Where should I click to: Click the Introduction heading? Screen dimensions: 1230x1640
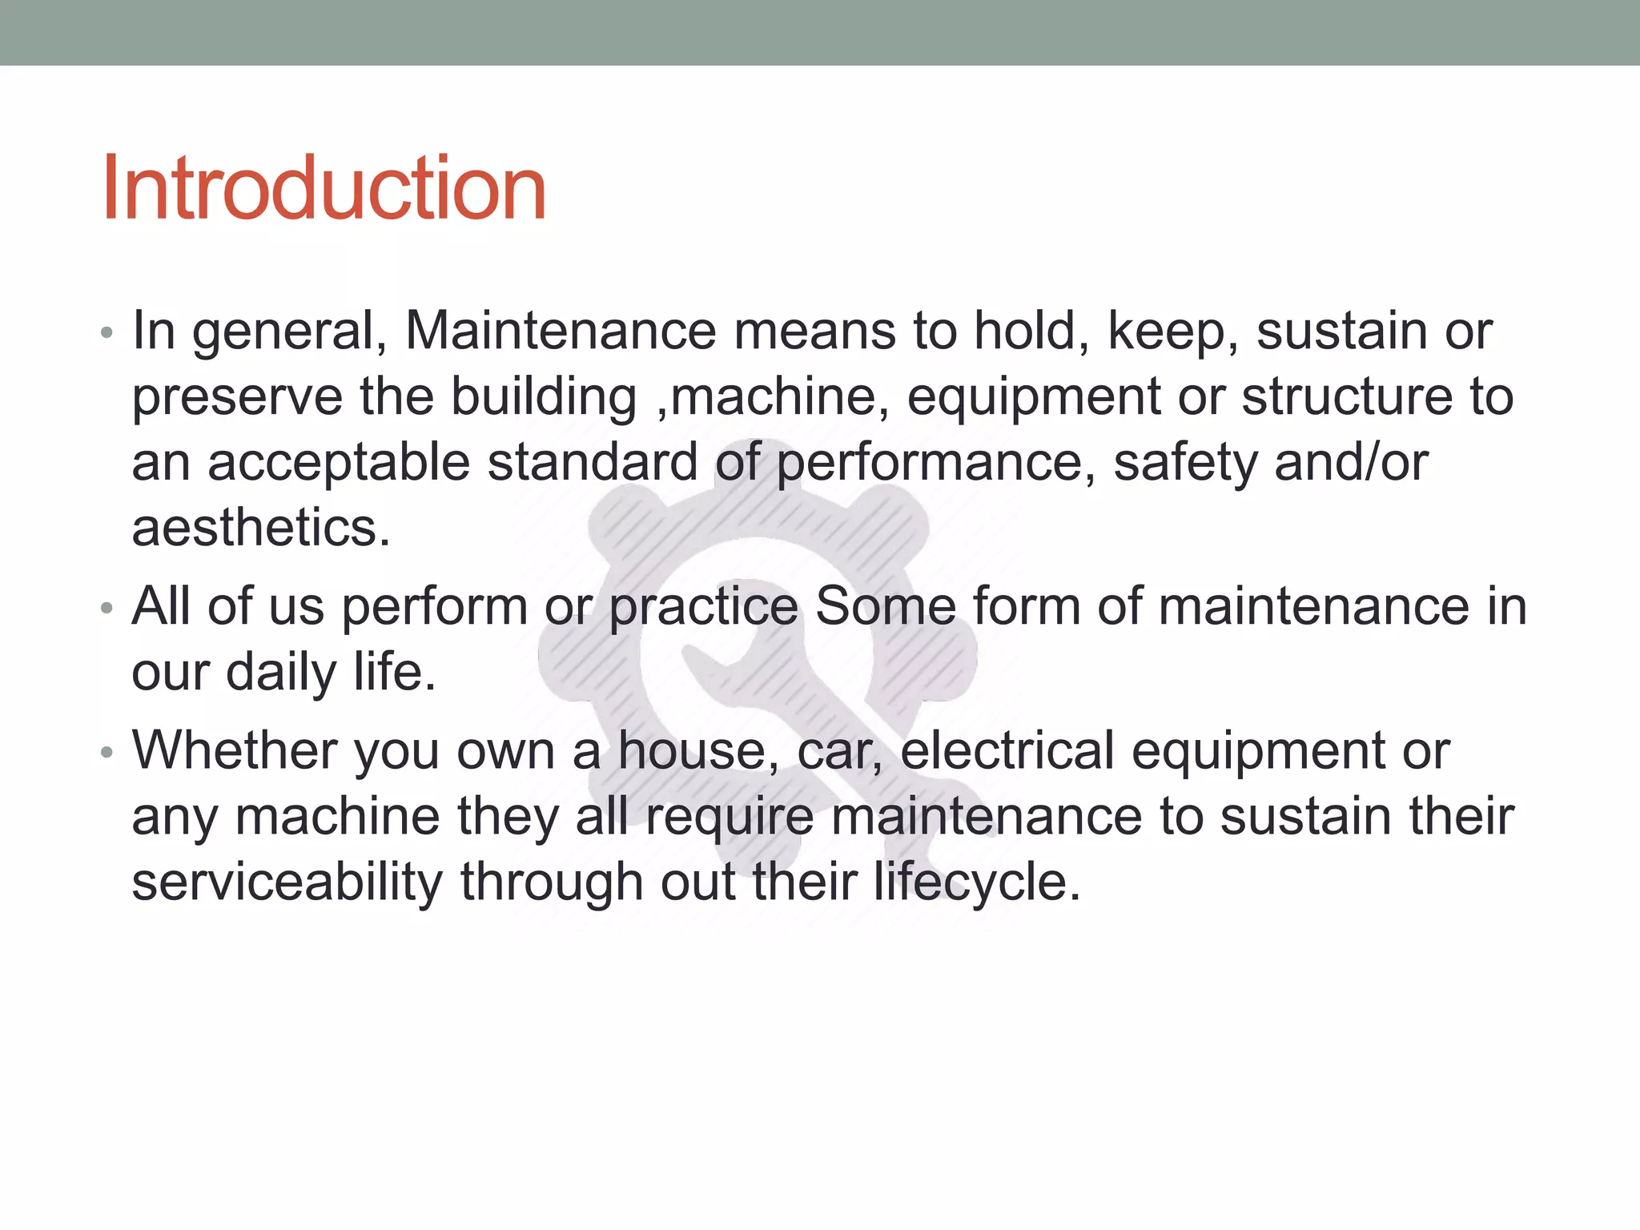point(324,189)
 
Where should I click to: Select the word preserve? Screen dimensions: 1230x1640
point(237,398)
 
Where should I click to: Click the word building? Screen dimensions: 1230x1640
point(544,398)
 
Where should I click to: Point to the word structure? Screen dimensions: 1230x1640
point(1346,396)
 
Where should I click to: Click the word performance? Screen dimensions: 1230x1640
point(930,464)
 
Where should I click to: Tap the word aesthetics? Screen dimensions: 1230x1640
point(261,529)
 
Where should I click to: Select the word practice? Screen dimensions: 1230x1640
point(704,607)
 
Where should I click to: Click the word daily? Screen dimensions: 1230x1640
point(282,673)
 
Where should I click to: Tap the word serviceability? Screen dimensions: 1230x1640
point(287,882)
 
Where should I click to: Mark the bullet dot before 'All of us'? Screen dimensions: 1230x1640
point(107,608)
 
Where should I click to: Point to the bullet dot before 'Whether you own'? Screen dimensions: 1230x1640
point(107,752)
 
